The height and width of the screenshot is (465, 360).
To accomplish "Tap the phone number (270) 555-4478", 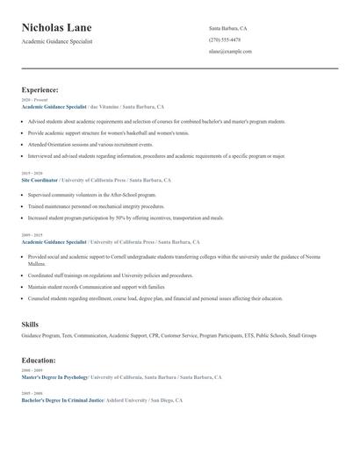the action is click(224, 39).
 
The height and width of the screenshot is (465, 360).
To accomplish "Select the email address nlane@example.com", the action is click(230, 51).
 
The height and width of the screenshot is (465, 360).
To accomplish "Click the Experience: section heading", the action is click(40, 89).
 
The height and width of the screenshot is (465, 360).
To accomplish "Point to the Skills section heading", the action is click(30, 325).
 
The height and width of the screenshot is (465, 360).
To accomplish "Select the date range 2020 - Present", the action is click(32, 100).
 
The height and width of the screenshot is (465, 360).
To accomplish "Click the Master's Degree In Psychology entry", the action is click(54, 376).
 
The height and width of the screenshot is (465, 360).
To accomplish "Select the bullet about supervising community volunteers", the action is click(92, 195).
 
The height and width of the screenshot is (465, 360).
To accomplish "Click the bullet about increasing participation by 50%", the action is click(126, 218).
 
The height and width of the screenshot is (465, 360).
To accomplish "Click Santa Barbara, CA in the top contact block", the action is click(227, 28).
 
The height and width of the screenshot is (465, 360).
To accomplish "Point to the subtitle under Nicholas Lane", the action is click(57, 41).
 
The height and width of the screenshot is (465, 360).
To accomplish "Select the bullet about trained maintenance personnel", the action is click(97, 206).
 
